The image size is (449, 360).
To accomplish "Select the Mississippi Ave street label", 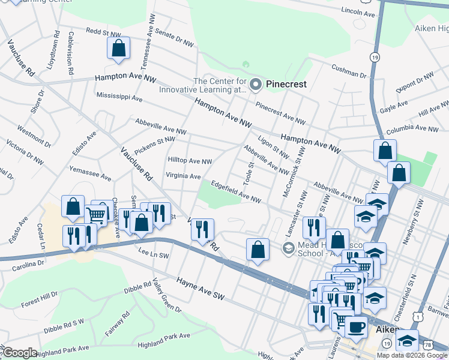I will pyautogui.click(x=119, y=97).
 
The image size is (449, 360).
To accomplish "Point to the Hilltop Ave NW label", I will pyautogui.click(x=190, y=161).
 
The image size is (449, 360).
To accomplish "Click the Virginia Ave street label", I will pyautogui.click(x=183, y=176).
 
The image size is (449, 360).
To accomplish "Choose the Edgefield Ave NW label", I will pyautogui.click(x=236, y=191).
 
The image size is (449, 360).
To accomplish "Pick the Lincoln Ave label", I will pyautogui.click(x=357, y=12).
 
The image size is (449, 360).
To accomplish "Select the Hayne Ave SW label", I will pyautogui.click(x=200, y=289).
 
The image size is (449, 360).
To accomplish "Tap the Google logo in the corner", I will pyautogui.click(x=20, y=353).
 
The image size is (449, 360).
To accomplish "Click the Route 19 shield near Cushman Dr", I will pyautogui.click(x=375, y=56).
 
